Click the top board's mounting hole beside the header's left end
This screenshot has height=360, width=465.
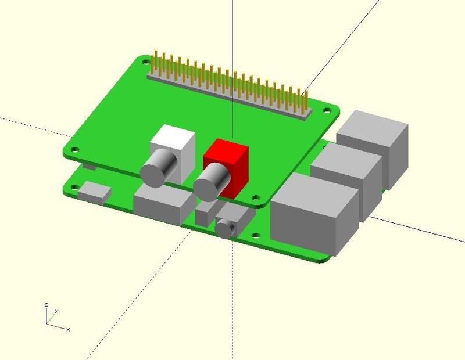(x=146, y=62)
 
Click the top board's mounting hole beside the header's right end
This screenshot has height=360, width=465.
(x=327, y=110)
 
